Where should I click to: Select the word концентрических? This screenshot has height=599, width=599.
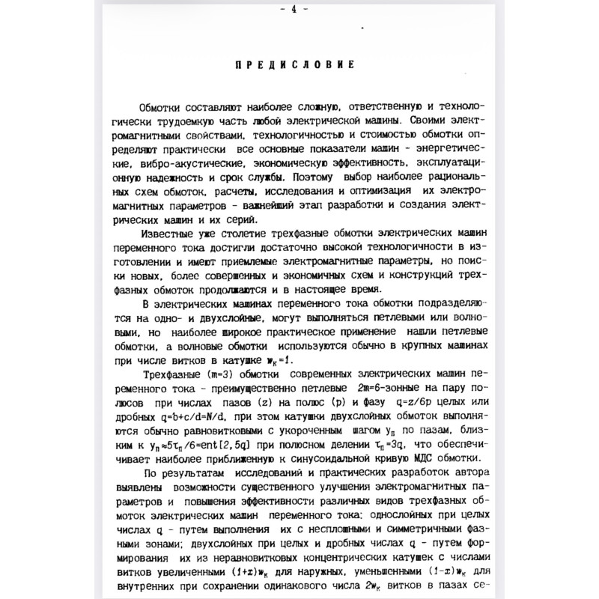click(x=323, y=556)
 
